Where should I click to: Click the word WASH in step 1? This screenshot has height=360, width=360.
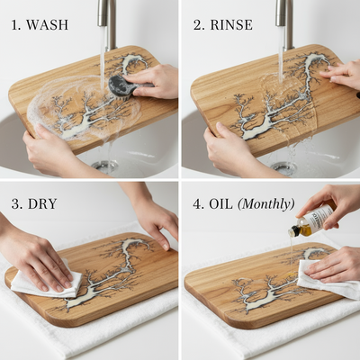(x=47, y=24)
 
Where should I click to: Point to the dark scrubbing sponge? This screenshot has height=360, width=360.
(x=121, y=85)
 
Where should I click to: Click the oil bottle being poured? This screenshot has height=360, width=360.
(x=313, y=220)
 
